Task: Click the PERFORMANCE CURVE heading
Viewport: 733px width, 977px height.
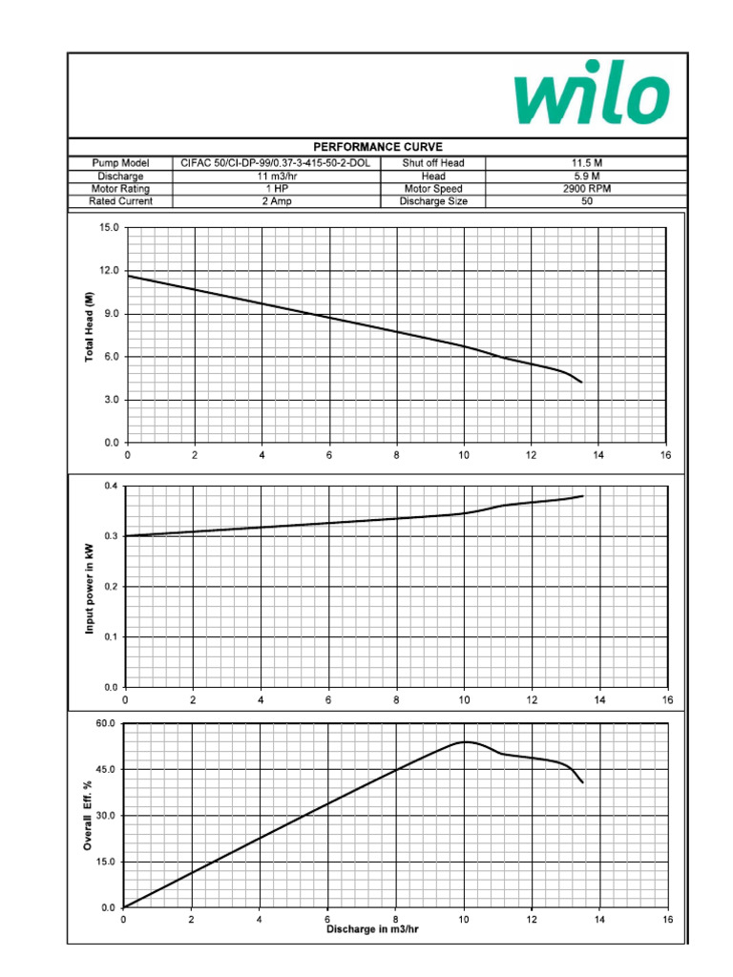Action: click(x=377, y=147)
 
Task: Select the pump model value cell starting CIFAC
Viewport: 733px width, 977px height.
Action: click(x=276, y=163)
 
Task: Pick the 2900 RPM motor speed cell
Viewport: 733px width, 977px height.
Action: click(x=586, y=189)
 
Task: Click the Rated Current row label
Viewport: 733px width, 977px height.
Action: click(x=120, y=201)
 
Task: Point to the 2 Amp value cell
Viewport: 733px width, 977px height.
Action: click(x=276, y=201)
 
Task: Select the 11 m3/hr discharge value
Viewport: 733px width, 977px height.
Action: click(x=276, y=177)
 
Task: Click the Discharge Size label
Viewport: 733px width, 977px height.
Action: click(x=433, y=201)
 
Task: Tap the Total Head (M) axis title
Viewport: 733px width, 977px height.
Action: click(x=91, y=327)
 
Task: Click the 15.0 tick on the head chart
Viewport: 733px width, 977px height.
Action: click(x=108, y=229)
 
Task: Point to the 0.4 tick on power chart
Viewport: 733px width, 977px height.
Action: click(x=111, y=487)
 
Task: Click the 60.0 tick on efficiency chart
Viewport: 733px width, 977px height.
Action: click(x=106, y=724)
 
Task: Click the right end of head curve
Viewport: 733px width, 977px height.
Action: click(x=581, y=383)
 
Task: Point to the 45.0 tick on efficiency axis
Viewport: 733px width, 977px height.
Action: click(x=106, y=770)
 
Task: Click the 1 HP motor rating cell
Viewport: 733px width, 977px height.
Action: click(x=276, y=189)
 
